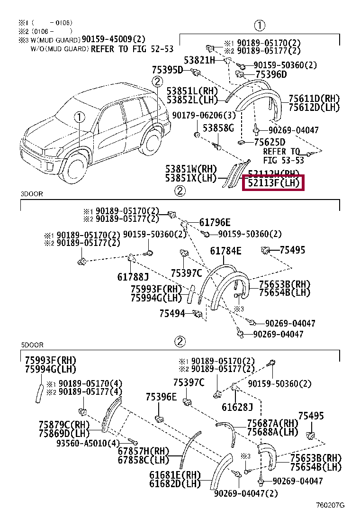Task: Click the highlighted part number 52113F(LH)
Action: click(x=273, y=183)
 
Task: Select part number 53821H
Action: click(x=199, y=60)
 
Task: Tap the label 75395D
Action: click(x=167, y=70)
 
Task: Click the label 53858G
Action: click(x=218, y=128)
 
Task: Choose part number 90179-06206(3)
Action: click(x=197, y=116)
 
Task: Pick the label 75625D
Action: click(x=270, y=142)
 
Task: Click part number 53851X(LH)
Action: click(x=190, y=178)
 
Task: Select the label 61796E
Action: click(x=215, y=222)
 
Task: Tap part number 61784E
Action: click(x=225, y=251)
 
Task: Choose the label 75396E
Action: click(x=161, y=397)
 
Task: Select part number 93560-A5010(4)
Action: click(x=88, y=443)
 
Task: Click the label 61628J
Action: click(x=237, y=407)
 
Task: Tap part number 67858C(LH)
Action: click(x=143, y=459)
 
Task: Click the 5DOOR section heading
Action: click(x=32, y=345)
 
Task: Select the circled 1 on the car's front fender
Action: click(x=78, y=117)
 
